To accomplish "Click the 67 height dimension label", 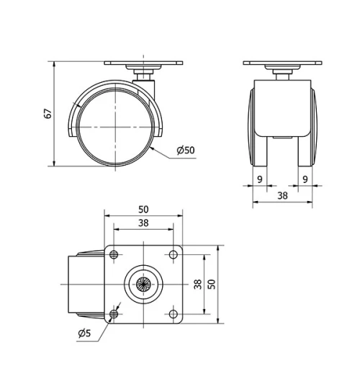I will (48, 113).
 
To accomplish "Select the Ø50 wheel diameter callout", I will (185, 151).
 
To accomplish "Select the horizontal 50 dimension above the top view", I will (143, 209).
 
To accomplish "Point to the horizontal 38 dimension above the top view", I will (143, 223).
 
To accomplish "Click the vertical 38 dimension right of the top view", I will (198, 284).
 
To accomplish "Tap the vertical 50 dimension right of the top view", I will (211, 284).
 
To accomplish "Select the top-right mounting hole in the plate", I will (174, 254).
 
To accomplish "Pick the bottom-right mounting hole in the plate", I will (174, 313).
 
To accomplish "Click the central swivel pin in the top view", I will (144, 284).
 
